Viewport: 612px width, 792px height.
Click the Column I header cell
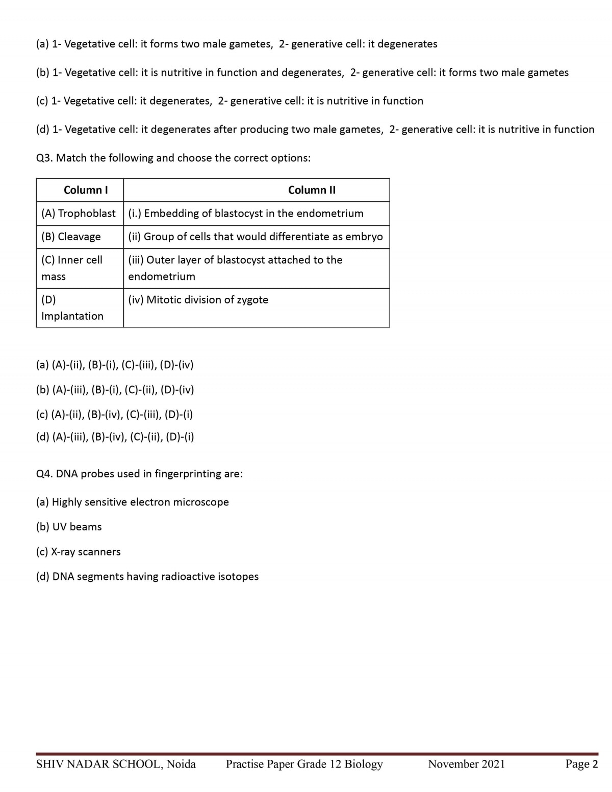coord(85,190)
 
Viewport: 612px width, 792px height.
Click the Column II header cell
coord(312,190)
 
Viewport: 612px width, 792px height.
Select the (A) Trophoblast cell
coord(79,213)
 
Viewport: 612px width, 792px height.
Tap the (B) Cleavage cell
coord(71,237)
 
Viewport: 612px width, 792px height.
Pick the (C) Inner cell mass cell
coord(72,268)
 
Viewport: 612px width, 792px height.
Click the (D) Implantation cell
coord(72,308)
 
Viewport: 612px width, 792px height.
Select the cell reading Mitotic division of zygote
coord(198,300)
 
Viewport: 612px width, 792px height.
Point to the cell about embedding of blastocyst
coord(246,213)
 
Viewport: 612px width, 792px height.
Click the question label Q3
coord(44,158)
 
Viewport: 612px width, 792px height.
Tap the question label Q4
coord(44,474)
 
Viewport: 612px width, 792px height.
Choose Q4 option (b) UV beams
coord(69,527)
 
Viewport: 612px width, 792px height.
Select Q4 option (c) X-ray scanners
coord(79,552)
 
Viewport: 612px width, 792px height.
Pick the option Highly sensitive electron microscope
coord(133,502)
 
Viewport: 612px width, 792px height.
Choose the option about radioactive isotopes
coord(147,577)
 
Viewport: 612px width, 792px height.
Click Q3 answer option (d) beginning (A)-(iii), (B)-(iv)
coord(115,437)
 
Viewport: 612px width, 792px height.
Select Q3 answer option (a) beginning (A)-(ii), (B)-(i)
coord(115,365)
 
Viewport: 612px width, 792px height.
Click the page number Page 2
coord(581,764)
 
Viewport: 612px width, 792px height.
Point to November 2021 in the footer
coord(466,764)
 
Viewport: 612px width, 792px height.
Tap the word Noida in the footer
coord(181,764)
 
